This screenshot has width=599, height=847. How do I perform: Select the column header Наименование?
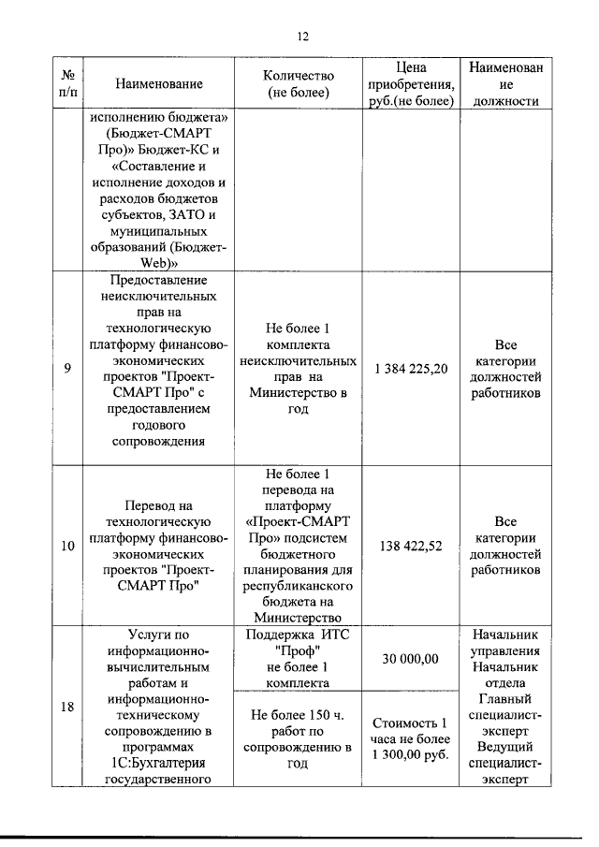(159, 84)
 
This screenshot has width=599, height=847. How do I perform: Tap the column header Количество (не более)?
(297, 84)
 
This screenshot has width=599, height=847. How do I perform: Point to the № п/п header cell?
(68, 84)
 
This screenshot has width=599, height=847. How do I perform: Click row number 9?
(68, 369)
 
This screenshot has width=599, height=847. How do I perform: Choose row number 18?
(68, 708)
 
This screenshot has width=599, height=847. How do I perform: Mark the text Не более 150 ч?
(297, 714)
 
